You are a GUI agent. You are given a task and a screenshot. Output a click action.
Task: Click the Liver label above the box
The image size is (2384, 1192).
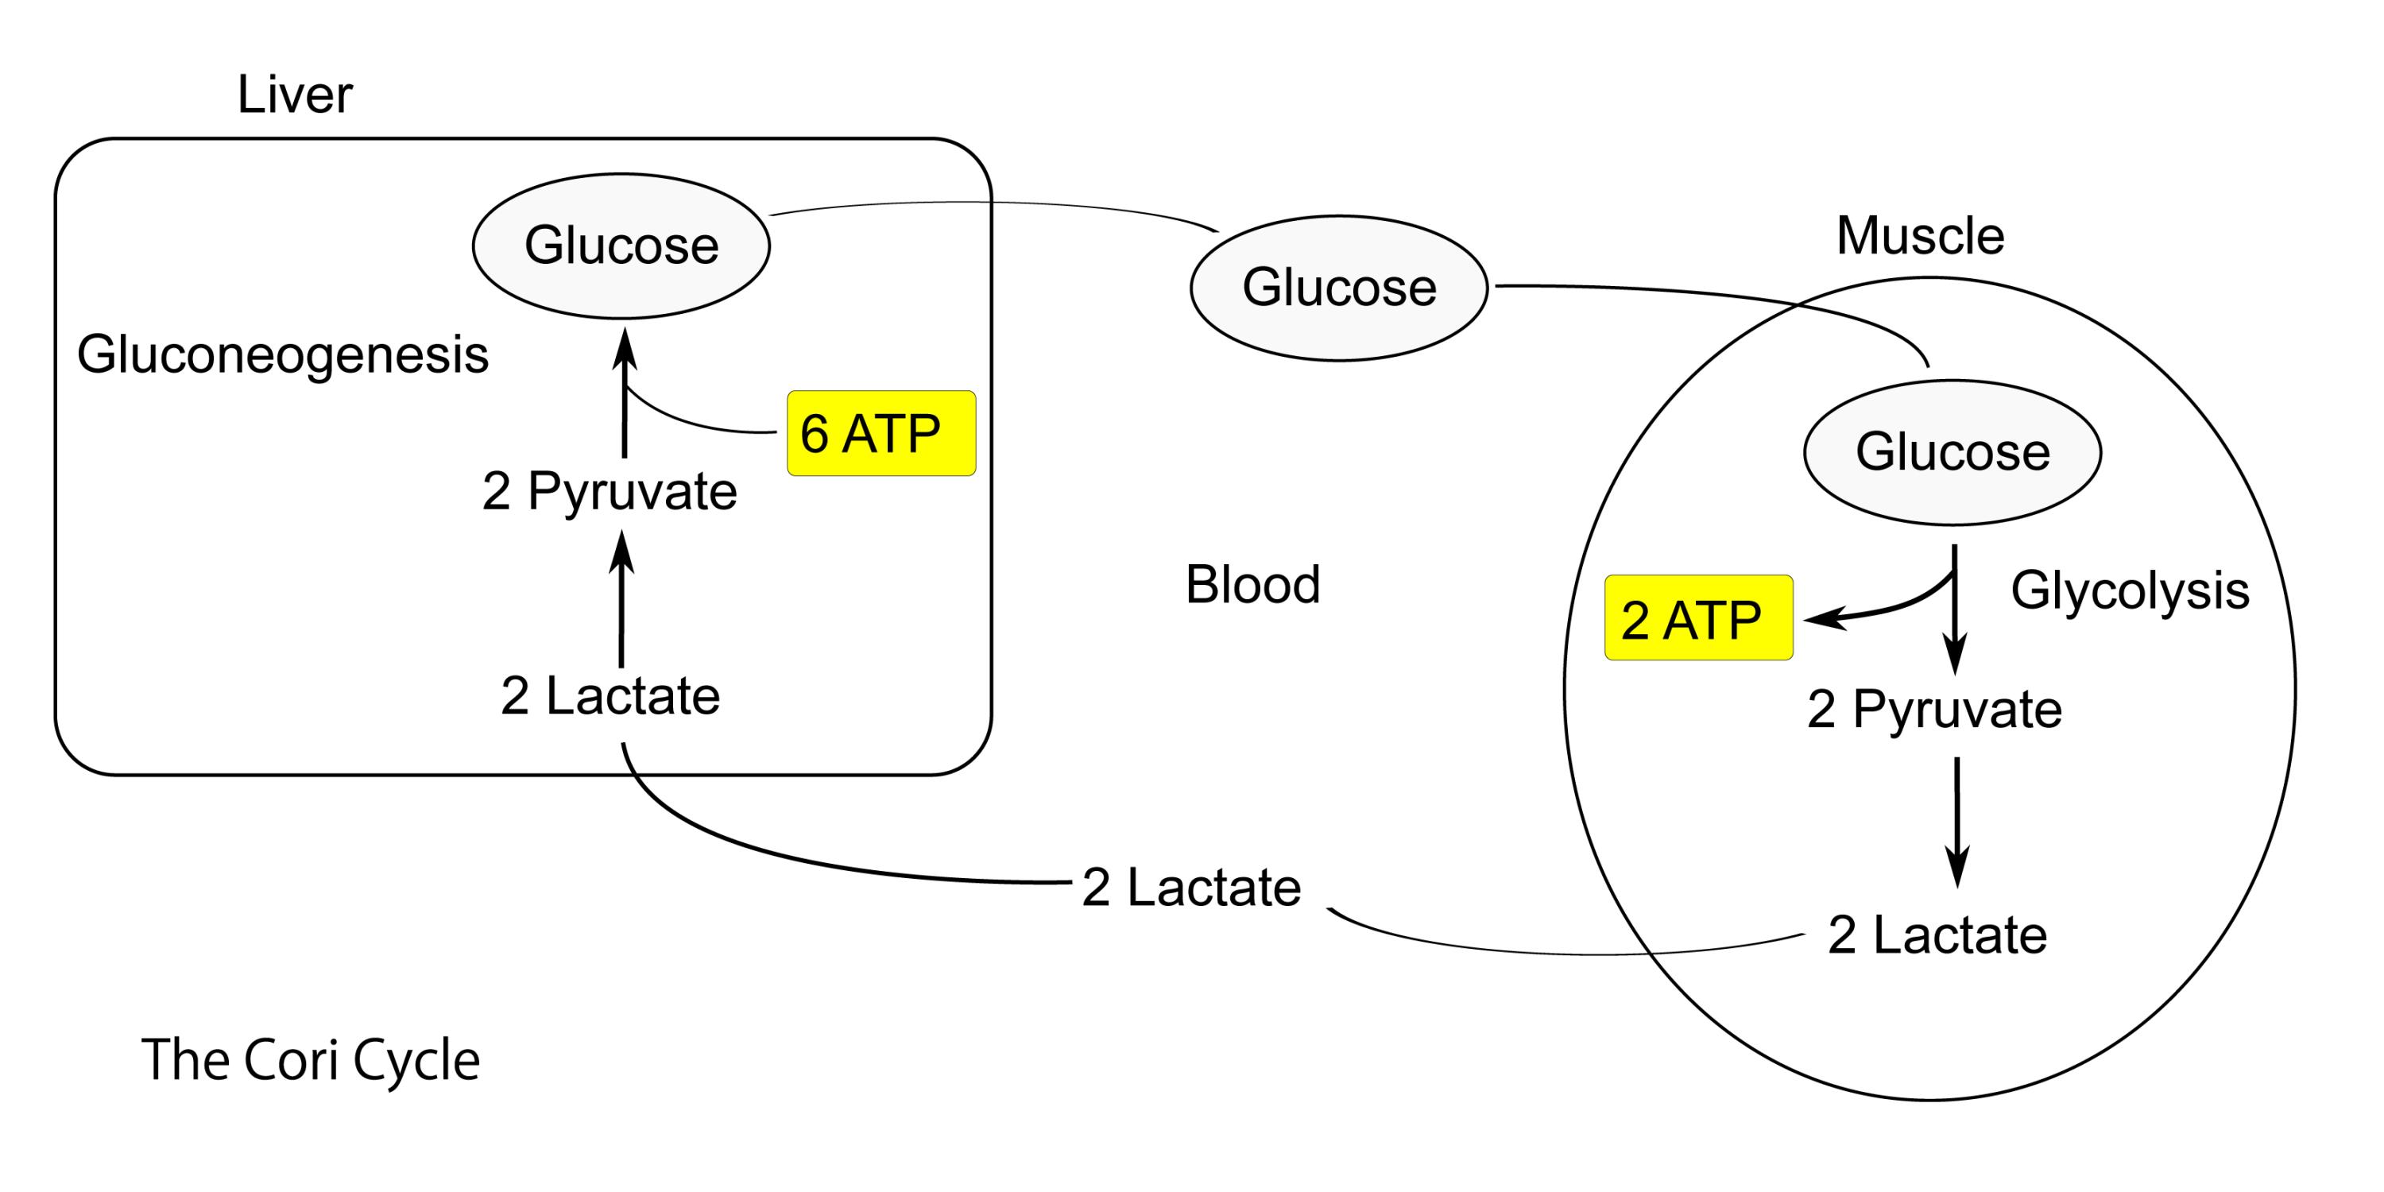294,95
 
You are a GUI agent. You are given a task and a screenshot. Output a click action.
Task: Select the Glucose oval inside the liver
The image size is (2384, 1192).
621,246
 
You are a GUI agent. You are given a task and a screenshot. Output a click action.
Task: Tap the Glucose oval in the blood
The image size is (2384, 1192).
1338,287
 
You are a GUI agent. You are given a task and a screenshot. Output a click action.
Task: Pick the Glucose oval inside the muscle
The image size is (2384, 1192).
1952,451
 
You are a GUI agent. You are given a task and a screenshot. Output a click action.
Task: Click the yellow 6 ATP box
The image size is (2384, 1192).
881,433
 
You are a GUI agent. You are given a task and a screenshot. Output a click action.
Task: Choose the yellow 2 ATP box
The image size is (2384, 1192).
1698,618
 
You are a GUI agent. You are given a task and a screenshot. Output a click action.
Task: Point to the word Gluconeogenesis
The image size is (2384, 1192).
282,355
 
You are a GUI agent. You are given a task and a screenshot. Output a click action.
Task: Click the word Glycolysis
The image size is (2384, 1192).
2130,590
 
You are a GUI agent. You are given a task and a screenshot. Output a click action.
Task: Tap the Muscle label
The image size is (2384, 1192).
1919,236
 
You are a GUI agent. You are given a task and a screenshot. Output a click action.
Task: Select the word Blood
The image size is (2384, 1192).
1252,585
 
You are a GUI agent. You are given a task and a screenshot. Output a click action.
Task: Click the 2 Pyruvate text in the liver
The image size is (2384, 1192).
609,490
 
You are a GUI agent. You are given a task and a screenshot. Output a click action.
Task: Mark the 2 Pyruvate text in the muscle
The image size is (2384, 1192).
1934,710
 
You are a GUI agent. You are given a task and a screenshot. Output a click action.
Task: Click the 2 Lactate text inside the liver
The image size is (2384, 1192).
610,696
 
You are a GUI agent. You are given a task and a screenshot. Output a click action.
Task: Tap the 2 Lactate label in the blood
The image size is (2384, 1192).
1191,888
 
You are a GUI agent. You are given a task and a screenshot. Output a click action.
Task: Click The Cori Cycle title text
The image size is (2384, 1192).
310,1059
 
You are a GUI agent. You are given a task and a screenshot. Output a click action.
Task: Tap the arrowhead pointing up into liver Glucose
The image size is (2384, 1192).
625,350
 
